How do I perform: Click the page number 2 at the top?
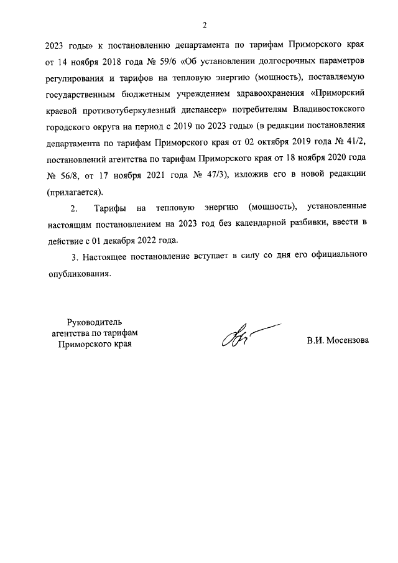click(203, 26)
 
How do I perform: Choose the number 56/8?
click(72, 174)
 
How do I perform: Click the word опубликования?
click(79, 272)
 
